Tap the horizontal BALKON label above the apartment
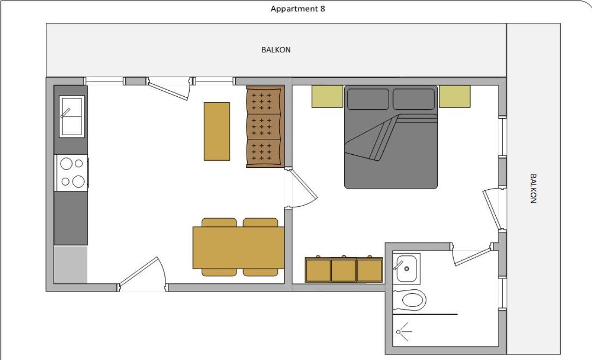[x=276, y=50]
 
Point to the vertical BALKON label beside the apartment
[x=533, y=188]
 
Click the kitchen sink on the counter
[x=71, y=116]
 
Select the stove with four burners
[x=71, y=173]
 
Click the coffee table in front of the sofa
[x=217, y=131]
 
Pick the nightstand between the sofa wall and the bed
[x=327, y=96]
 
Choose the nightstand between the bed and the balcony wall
[x=454, y=96]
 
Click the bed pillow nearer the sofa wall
[x=368, y=99]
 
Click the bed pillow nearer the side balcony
[x=414, y=99]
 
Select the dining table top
[x=238, y=248]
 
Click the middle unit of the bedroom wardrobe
[x=343, y=270]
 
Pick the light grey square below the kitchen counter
[x=71, y=264]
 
